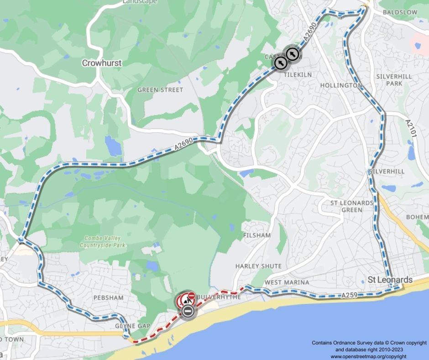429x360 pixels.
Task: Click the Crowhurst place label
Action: pyautogui.click(x=102, y=63)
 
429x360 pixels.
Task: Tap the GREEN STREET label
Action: pyautogui.click(x=160, y=90)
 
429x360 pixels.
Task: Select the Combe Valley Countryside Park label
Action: pyautogui.click(x=103, y=242)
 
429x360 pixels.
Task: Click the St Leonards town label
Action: pyautogui.click(x=390, y=280)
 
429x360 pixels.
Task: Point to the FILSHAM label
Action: pyautogui.click(x=257, y=235)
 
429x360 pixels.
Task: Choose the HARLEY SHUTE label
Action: pyautogui.click(x=258, y=266)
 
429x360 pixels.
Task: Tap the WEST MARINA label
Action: pyautogui.click(x=287, y=283)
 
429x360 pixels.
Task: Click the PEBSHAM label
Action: pyautogui.click(x=109, y=297)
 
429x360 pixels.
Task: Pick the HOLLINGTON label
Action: pyautogui.click(x=341, y=85)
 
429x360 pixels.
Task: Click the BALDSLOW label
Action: pyautogui.click(x=400, y=12)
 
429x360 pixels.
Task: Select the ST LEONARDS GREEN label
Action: pyautogui.click(x=352, y=206)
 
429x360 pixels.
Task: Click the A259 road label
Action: pyautogui.click(x=349, y=296)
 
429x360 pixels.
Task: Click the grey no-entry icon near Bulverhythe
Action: pyautogui.click(x=188, y=312)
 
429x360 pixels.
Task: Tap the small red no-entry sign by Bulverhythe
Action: pyautogui.click(x=192, y=296)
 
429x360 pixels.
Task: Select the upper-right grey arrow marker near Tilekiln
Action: pyautogui.click(x=292, y=54)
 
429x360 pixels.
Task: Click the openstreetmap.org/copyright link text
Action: pyautogui.click(x=368, y=356)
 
